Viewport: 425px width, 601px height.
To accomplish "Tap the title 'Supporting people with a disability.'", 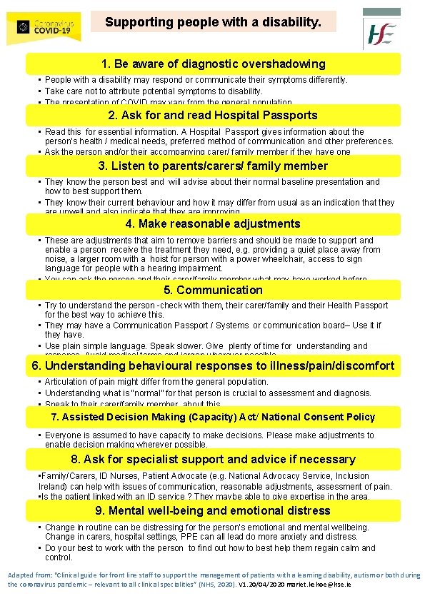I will pos(219,22).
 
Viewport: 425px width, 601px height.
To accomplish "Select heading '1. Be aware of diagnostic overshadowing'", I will pos(213,64).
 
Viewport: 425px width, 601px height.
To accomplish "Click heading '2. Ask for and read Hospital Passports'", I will pos(213,116).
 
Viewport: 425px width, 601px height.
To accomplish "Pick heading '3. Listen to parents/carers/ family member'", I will pos(213,166).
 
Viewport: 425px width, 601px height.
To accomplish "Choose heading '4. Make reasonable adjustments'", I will pos(213,224).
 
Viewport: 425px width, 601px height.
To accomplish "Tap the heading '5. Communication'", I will pos(213,290).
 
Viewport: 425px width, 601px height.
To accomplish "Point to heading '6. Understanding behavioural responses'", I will pos(213,366).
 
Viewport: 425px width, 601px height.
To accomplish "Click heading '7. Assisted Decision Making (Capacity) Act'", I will pos(213,417).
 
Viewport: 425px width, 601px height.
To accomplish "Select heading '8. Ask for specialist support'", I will pos(213,460).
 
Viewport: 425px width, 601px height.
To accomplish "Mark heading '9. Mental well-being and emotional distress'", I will pos(213,510).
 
